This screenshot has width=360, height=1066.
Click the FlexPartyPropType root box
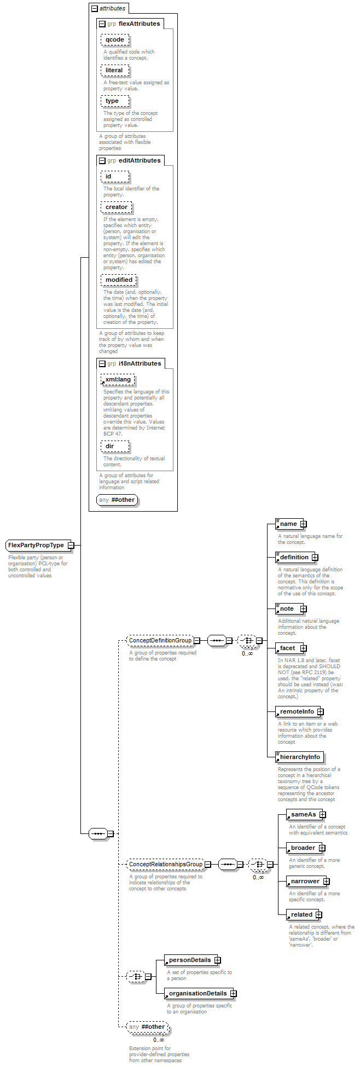(x=37, y=545)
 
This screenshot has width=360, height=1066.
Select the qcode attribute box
(x=115, y=40)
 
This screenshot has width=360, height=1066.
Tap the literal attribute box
(x=115, y=71)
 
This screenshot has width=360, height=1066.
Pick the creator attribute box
(x=116, y=207)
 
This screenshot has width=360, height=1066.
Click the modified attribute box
(x=119, y=280)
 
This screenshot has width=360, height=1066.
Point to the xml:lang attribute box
(x=118, y=380)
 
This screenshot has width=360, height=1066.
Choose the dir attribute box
(x=115, y=447)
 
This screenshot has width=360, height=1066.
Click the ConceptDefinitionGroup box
(x=160, y=640)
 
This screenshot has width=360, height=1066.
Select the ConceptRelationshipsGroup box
(x=165, y=865)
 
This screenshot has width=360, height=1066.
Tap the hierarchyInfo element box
(x=299, y=757)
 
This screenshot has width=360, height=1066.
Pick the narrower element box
(x=305, y=881)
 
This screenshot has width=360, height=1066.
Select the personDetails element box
(x=189, y=960)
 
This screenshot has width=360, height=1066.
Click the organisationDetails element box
(x=197, y=993)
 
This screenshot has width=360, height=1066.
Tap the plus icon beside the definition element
(x=315, y=557)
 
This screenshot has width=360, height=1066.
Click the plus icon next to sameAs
(x=322, y=814)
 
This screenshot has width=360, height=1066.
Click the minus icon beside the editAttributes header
(x=102, y=161)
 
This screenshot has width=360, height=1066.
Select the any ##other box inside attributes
(x=117, y=500)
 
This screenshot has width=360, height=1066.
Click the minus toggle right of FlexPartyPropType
(x=71, y=545)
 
